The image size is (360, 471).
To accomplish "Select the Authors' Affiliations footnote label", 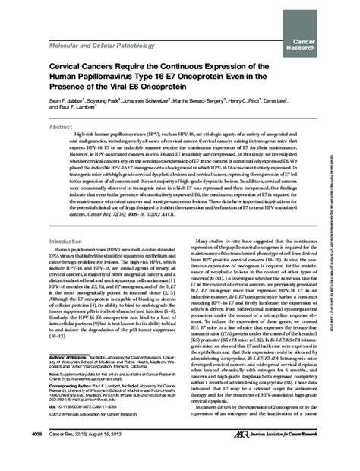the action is tap(68, 377).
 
